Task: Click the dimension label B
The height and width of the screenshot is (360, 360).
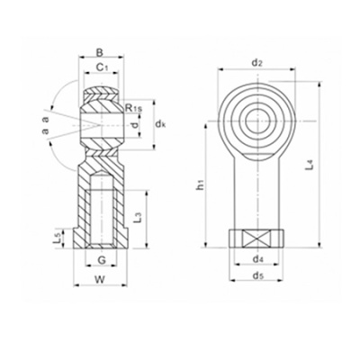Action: [x=101, y=52]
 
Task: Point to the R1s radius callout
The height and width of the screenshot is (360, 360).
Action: [x=133, y=108]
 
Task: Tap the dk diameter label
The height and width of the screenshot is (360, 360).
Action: [x=158, y=121]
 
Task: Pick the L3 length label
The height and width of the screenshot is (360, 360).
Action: [x=137, y=217]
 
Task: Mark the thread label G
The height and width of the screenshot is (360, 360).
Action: [x=102, y=261]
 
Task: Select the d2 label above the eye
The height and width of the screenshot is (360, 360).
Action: [x=256, y=63]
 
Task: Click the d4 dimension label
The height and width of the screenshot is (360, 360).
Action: [x=257, y=260]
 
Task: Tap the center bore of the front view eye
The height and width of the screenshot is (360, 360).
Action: [x=257, y=116]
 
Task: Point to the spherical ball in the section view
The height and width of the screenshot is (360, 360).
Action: [x=102, y=121]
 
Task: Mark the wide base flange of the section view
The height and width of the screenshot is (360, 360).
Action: [x=102, y=241]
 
